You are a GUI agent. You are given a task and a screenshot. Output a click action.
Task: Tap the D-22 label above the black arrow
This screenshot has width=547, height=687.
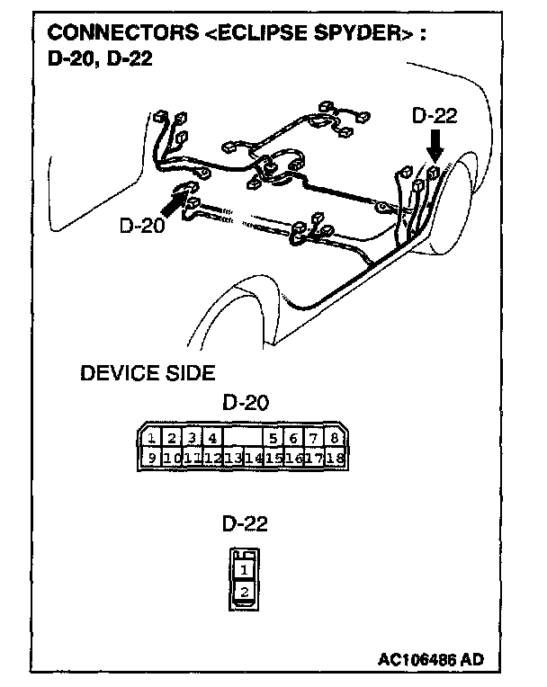point(435,116)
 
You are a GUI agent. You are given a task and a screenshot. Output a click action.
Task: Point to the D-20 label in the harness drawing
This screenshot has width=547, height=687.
point(141,225)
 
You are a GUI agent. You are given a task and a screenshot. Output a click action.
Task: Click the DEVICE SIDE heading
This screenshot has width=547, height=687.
point(148,372)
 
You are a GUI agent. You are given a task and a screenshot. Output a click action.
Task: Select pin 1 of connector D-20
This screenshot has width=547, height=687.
point(153,439)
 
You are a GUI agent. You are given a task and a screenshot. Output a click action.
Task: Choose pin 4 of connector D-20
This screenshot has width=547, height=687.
point(211,439)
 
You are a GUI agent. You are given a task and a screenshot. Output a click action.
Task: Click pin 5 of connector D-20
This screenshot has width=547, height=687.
point(274,439)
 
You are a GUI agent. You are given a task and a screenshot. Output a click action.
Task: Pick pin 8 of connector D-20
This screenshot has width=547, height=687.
point(334,439)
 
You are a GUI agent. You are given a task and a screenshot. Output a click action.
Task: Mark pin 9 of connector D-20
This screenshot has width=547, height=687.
point(153,458)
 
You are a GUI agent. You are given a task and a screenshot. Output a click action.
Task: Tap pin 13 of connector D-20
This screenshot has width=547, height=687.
point(233,458)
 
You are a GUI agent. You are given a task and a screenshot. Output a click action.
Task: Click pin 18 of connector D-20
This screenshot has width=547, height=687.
point(336,458)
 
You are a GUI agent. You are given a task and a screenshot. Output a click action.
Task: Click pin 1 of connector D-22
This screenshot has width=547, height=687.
point(244,569)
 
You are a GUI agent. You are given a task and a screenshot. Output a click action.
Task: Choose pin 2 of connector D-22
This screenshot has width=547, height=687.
point(244,592)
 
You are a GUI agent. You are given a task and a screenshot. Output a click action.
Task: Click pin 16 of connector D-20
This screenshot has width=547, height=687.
point(294,458)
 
